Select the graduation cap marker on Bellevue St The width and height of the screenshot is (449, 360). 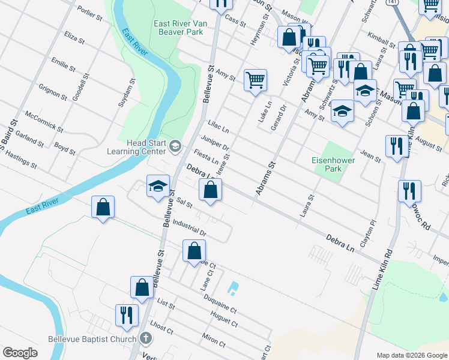[158, 186]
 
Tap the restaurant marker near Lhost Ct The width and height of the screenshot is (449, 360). [127, 314]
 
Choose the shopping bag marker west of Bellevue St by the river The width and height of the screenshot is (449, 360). [103, 207]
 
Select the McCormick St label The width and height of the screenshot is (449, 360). [44, 121]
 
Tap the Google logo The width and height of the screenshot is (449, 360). [20, 353]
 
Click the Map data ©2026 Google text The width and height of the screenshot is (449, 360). [412, 355]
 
